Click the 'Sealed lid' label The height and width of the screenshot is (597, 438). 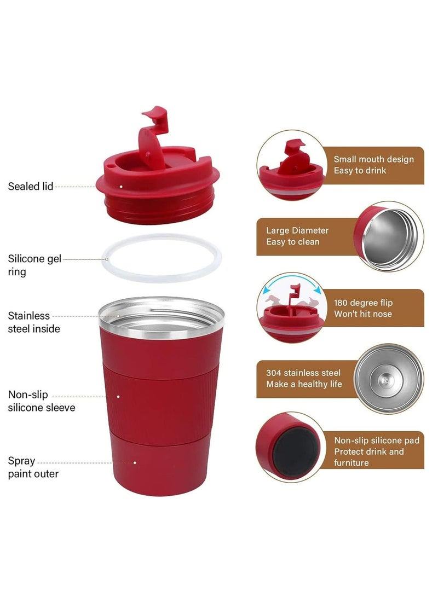pyautogui.click(x=31, y=186)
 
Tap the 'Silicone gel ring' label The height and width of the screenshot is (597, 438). pyautogui.click(x=34, y=265)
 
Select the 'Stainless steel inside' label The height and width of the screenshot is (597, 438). pyautogui.click(x=34, y=322)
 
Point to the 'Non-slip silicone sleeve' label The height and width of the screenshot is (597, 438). pyautogui.click(x=42, y=401)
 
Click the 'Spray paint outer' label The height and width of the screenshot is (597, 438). pyautogui.click(x=33, y=467)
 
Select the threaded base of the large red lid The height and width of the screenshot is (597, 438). pyautogui.click(x=158, y=210)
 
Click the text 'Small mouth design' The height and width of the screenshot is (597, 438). pyautogui.click(x=373, y=159)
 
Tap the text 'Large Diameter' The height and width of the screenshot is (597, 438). pyautogui.click(x=297, y=230)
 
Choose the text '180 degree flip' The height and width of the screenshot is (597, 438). pyautogui.click(x=363, y=303)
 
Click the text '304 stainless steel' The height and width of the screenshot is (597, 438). pyautogui.click(x=303, y=373)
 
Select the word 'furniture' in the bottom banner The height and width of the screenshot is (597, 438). pyautogui.click(x=351, y=462)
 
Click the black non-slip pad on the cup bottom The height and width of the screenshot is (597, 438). pyautogui.click(x=295, y=452)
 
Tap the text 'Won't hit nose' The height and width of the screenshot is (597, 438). pyautogui.click(x=362, y=314)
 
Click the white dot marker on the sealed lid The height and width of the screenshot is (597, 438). pyautogui.click(x=121, y=187)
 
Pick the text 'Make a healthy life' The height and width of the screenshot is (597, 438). pyautogui.click(x=304, y=384)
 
